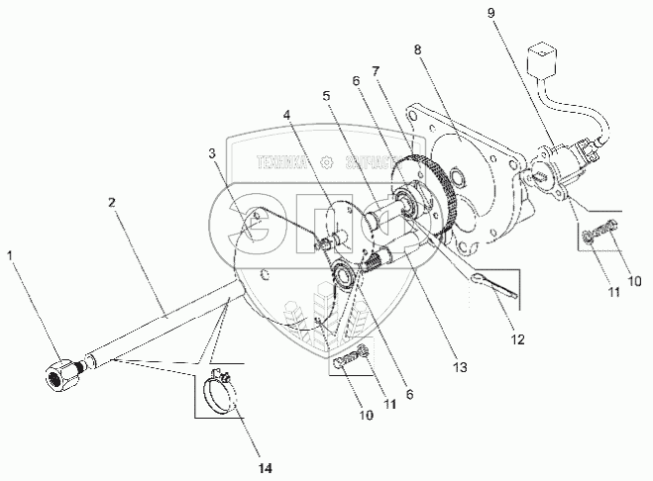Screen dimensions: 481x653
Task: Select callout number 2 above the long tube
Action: [x=112, y=202]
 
